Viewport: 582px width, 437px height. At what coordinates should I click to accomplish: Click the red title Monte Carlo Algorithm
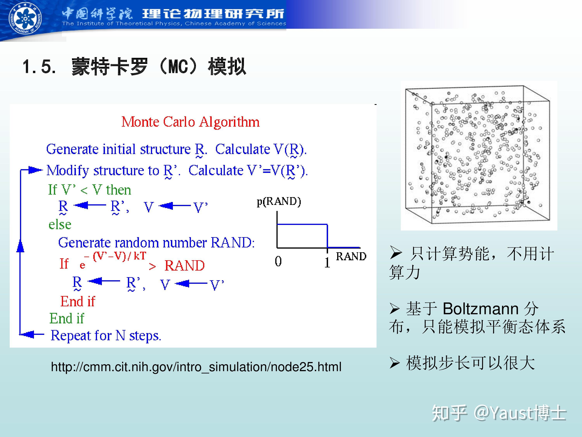[x=191, y=122]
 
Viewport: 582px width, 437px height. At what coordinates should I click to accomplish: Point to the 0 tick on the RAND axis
[x=278, y=261]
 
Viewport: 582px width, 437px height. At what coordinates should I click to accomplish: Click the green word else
[x=60, y=225]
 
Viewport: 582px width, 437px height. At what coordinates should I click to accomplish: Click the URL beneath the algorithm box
[x=196, y=367]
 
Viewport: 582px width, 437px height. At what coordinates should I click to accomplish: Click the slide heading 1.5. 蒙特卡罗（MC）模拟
[x=134, y=66]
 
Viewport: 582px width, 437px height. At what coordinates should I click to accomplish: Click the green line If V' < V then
[x=89, y=190]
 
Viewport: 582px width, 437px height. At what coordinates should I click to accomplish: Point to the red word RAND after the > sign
[x=184, y=265]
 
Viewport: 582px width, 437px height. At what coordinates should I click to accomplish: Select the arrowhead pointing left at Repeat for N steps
[x=27, y=334]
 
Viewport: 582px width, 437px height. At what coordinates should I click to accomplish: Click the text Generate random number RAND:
[x=156, y=243]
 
